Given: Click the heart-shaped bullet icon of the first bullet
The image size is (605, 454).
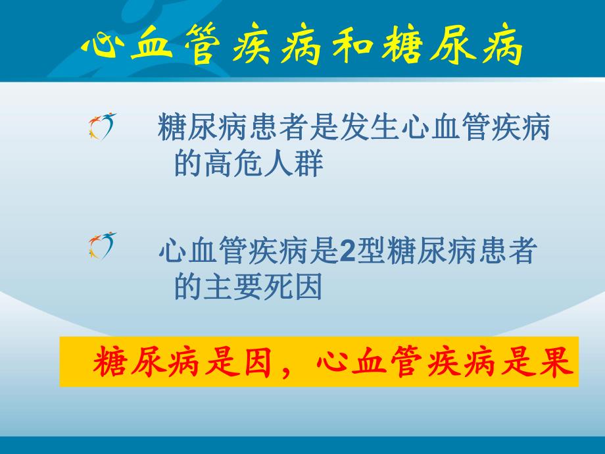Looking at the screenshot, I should (102, 126).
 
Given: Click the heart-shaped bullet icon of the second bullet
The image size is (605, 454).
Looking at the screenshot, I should (102, 245).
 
